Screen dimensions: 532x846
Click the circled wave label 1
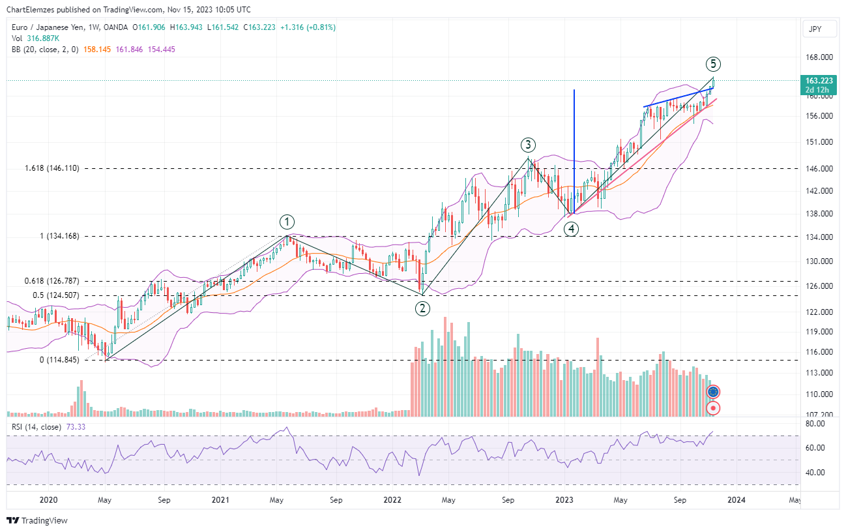point(287,221)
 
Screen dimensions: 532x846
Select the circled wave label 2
point(422,308)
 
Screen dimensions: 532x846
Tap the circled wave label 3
point(528,145)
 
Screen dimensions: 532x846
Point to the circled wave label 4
point(570,228)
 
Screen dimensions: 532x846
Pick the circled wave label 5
point(713,64)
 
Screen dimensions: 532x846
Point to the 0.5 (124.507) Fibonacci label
point(57,295)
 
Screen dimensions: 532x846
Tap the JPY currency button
point(815,29)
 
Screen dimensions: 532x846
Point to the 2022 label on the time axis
point(392,500)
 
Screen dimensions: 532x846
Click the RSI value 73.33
point(76,427)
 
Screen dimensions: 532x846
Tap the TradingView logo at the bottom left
point(37,520)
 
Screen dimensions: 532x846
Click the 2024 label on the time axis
point(737,500)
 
